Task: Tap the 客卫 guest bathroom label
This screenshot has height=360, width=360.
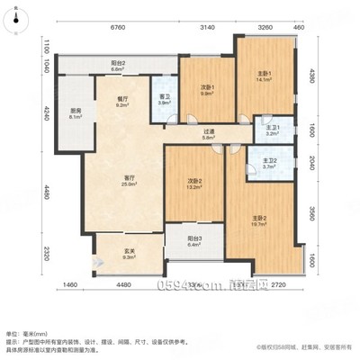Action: click(163, 100)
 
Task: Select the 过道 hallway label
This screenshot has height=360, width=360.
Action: click(208, 133)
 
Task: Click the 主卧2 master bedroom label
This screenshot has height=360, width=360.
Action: click(263, 219)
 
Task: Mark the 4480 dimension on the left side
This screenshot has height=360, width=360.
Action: click(40, 191)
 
